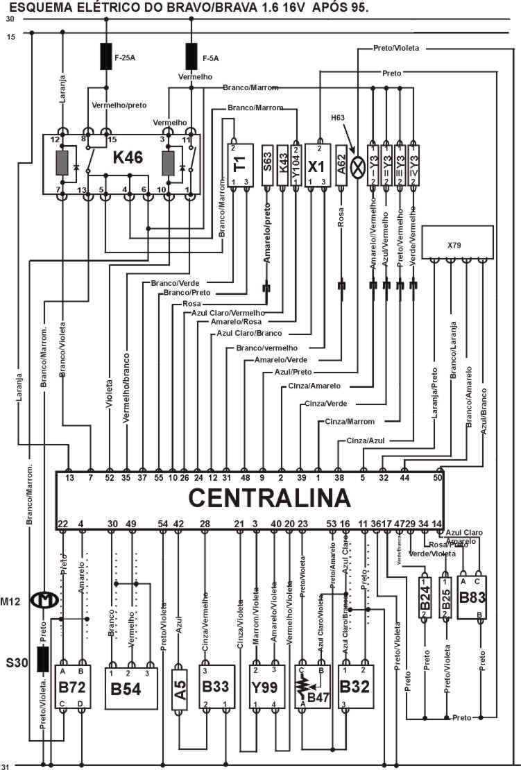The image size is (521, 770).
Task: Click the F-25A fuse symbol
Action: coord(106,57)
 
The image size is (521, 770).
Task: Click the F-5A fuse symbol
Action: coord(191,57)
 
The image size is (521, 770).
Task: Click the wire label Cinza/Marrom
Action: coord(349,421)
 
